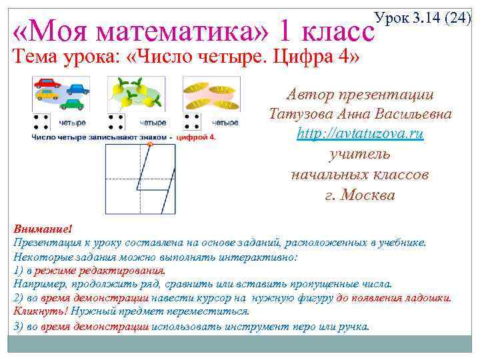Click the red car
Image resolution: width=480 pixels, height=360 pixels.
tap(47, 83)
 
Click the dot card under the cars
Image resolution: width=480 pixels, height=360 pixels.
tap(41, 122)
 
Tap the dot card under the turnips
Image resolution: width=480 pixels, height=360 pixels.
tap(117, 122)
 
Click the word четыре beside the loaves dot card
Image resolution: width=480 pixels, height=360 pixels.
tap(225, 123)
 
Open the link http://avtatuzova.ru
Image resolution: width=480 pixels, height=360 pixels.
tap(360, 133)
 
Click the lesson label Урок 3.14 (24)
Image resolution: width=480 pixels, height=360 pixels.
tap(423, 18)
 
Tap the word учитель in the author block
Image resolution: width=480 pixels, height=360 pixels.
tap(360, 154)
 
